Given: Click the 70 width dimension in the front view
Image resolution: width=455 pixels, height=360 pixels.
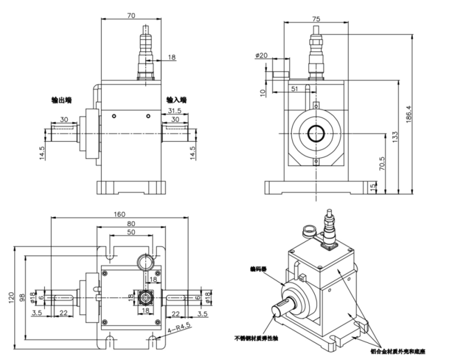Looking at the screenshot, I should click(x=132, y=17).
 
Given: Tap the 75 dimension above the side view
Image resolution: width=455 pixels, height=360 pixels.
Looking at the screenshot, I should click(x=317, y=18).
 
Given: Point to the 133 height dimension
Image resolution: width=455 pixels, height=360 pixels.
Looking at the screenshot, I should click(x=395, y=137).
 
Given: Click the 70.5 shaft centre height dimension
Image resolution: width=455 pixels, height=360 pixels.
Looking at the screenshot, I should click(x=383, y=164).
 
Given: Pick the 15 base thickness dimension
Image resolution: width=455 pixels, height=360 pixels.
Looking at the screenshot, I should click(x=374, y=187).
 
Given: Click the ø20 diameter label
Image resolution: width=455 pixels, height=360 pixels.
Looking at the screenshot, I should click(x=262, y=55).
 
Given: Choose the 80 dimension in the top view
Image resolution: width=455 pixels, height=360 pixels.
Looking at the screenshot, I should click(x=132, y=223).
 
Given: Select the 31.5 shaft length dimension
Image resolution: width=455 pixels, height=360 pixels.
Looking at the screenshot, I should click(x=174, y=111).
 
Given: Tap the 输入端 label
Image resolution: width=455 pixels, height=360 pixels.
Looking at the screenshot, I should click(x=177, y=100).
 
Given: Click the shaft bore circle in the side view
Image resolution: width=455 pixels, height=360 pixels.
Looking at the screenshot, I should click(x=315, y=134).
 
